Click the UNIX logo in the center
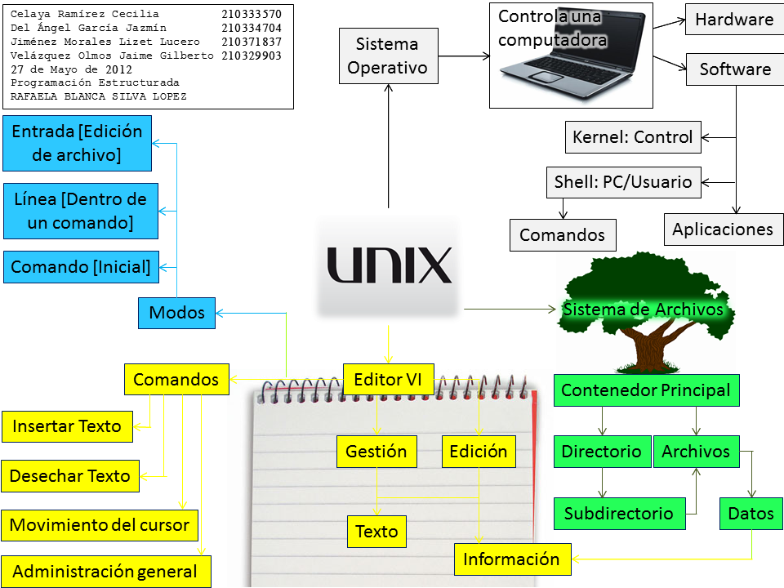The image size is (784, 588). (390, 265)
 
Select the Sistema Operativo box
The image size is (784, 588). (387, 56)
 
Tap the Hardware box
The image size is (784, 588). (733, 20)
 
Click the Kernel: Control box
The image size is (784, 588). (633, 137)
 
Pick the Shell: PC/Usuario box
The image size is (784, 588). (623, 182)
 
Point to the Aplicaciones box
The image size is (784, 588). (722, 229)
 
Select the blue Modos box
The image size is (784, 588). (176, 312)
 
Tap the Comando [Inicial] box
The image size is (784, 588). (81, 267)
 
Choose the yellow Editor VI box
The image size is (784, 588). (388, 379)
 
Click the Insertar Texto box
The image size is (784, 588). (67, 426)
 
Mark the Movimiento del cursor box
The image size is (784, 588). (99, 525)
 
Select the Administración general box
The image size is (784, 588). (105, 572)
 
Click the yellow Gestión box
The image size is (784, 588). (376, 451)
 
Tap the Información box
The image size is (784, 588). (511, 559)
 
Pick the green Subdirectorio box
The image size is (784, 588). (618, 514)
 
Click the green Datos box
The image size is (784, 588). (751, 514)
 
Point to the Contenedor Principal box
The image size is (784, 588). (646, 390)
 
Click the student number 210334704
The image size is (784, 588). (252, 28)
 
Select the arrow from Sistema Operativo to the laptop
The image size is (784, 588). (463, 56)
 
